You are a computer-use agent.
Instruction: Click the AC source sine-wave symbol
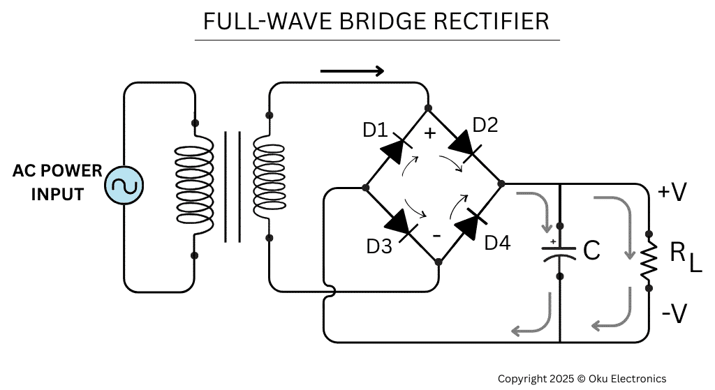[124, 186]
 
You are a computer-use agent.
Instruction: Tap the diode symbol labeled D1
[396, 147]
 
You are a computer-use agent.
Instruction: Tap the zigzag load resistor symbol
[649, 259]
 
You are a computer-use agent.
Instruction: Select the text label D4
[497, 243]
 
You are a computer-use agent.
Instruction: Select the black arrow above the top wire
[352, 70]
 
